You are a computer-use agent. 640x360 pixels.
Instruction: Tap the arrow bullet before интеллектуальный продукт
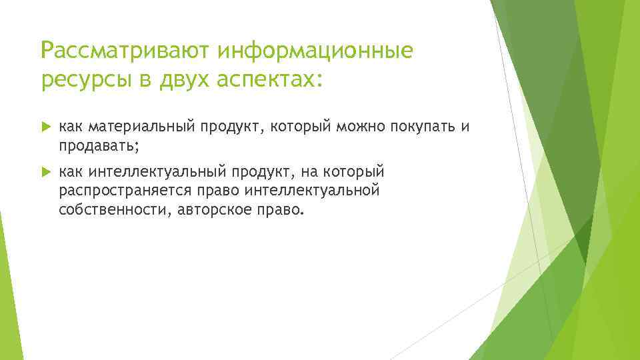point(45,172)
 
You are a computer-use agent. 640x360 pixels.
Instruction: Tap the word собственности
point(111,210)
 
